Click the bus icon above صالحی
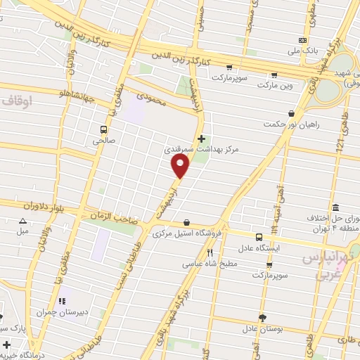click(x=103, y=129)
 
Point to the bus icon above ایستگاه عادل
click(x=259, y=237)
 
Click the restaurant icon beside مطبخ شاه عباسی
click(x=210, y=252)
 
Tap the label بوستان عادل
click(x=262, y=328)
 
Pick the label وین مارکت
click(x=274, y=84)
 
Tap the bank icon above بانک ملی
click(x=303, y=40)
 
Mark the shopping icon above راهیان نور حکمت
click(x=291, y=113)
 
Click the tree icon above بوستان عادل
click(x=262, y=318)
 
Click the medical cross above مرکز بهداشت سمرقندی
click(x=202, y=139)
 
